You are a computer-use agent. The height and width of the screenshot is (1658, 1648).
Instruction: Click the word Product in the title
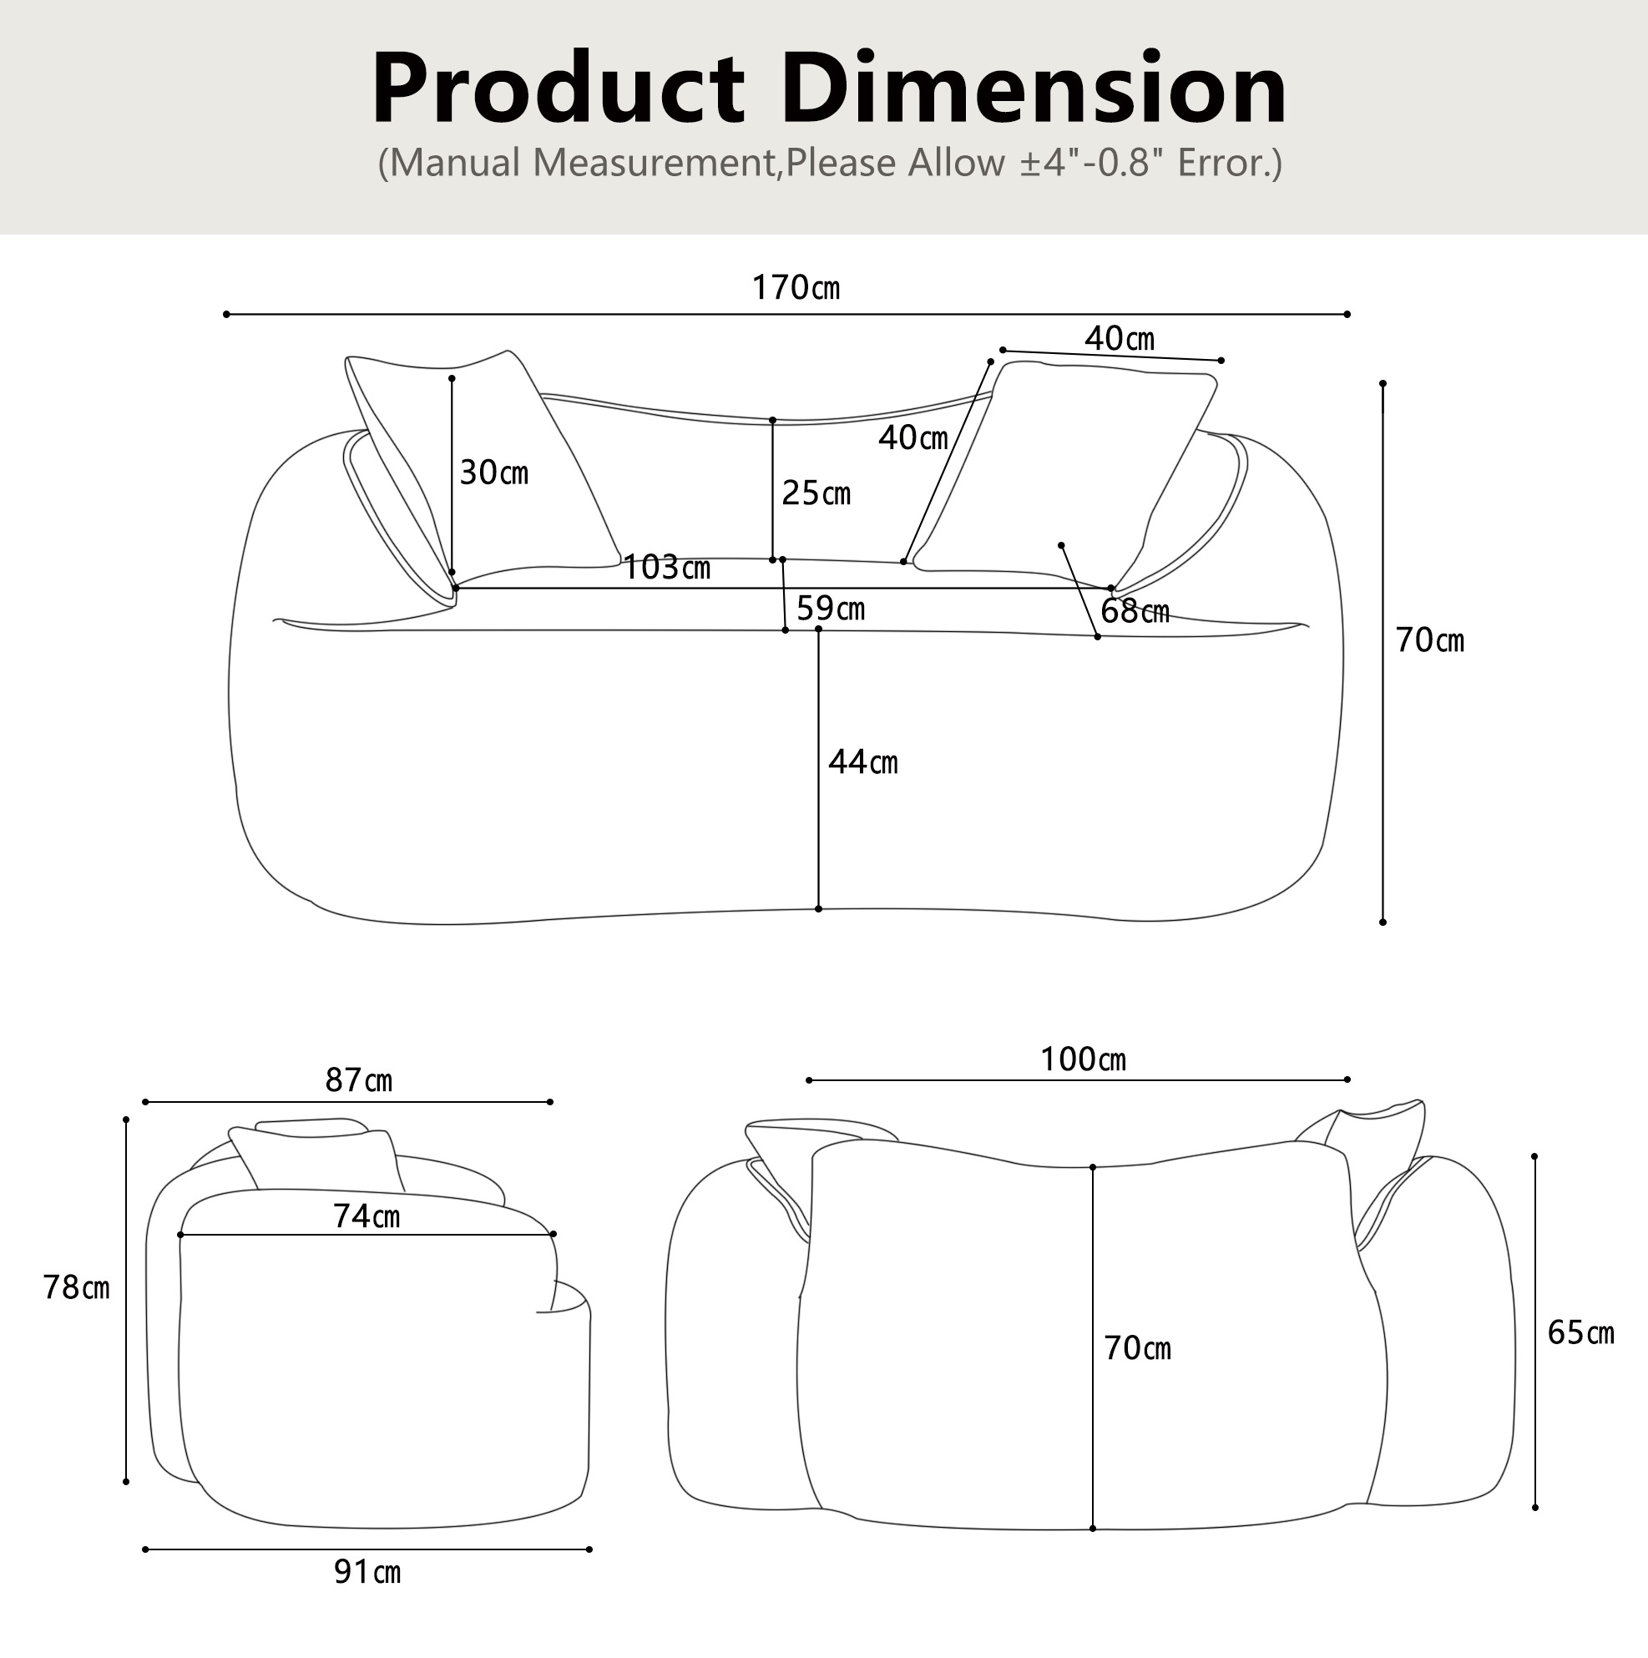(x=558, y=89)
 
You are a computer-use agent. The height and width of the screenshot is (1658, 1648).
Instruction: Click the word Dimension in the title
(x=1034, y=89)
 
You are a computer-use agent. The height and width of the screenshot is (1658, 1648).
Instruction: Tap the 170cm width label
(x=796, y=287)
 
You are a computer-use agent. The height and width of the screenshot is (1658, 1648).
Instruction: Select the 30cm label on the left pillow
(x=493, y=472)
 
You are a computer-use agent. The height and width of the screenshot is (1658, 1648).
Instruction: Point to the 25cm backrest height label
(x=816, y=493)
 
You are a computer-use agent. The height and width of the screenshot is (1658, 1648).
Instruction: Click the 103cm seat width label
(x=666, y=567)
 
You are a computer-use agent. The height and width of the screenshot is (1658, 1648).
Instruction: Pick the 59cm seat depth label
(x=830, y=609)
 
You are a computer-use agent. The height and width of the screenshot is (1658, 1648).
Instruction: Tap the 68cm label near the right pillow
(x=1135, y=611)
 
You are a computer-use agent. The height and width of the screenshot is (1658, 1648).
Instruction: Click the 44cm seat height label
(x=862, y=762)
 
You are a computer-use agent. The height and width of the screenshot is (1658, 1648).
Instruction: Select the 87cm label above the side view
(x=359, y=1079)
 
